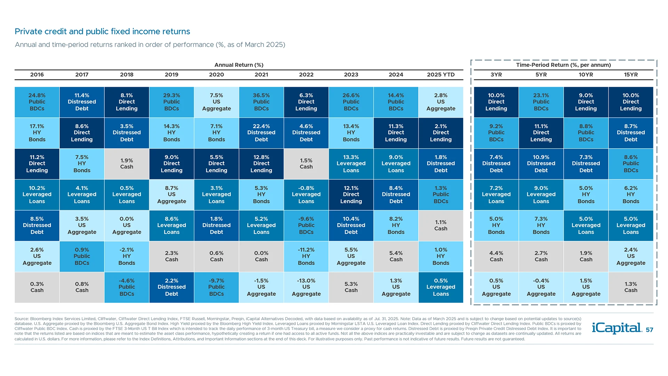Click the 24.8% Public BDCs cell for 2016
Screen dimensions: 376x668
click(x=37, y=102)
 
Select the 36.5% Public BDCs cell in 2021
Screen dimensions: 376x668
click(x=261, y=102)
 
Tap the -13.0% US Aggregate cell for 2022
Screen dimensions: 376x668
click(x=306, y=287)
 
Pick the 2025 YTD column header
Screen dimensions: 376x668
click(x=441, y=75)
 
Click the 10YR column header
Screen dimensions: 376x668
click(x=586, y=75)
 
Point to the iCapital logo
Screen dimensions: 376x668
click(x=617, y=328)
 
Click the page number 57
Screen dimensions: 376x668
click(x=650, y=330)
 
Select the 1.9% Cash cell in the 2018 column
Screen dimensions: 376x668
click(x=127, y=164)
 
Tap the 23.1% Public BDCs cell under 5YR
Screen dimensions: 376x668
click(x=541, y=102)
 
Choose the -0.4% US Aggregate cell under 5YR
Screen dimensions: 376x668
click(x=541, y=287)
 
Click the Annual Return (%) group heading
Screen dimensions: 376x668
click(x=239, y=65)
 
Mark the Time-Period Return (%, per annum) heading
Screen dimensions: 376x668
click(x=563, y=65)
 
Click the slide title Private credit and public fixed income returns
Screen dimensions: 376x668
click(x=102, y=32)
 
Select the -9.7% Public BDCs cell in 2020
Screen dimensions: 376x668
click(x=216, y=287)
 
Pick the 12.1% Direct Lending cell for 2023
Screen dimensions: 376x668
click(x=351, y=195)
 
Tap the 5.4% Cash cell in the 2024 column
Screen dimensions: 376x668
click(x=396, y=256)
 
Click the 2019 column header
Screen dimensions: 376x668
click(x=172, y=75)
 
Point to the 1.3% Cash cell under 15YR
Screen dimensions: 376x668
click(x=631, y=287)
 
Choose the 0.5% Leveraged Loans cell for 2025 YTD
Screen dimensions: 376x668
click(x=441, y=287)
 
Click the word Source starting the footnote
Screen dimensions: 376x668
click(x=21, y=319)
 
